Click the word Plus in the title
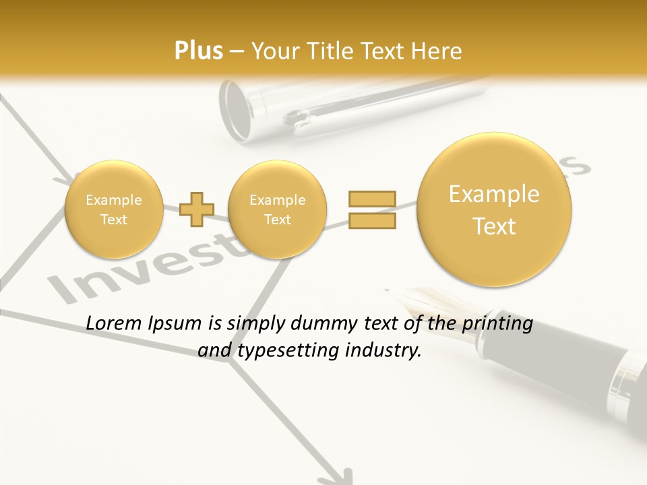(x=198, y=51)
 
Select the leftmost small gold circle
(x=113, y=209)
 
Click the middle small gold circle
(x=277, y=209)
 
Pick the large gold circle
(x=494, y=209)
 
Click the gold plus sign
(x=197, y=209)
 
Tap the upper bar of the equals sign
(x=372, y=199)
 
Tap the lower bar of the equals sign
(x=372, y=220)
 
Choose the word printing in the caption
(x=497, y=324)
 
